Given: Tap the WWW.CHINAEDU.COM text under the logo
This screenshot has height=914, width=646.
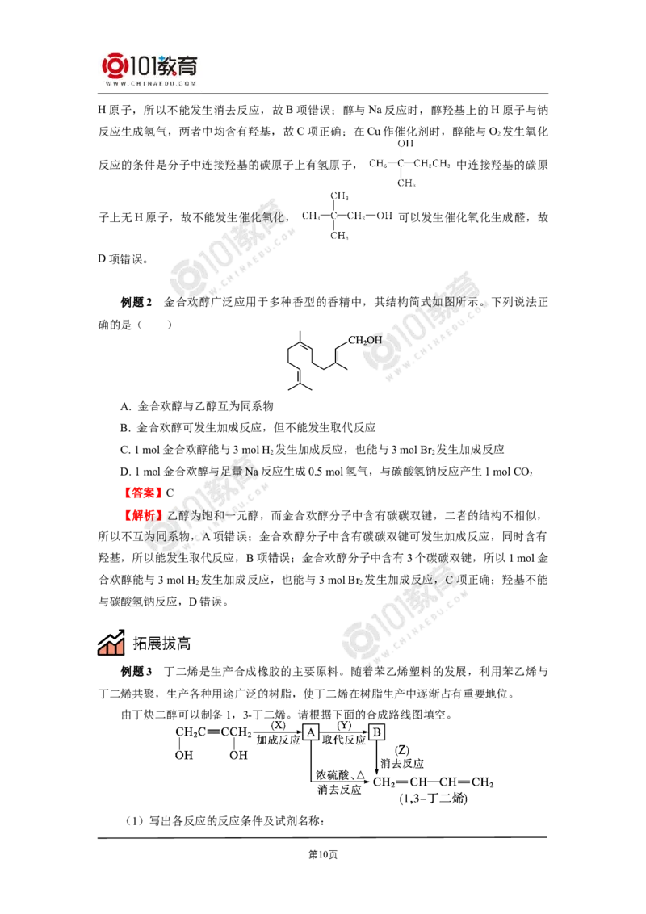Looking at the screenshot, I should pyautogui.click(x=151, y=83).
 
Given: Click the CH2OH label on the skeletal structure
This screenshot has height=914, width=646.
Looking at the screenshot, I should pyautogui.click(x=365, y=341).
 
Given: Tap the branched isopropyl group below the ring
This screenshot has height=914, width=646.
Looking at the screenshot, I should pyautogui.click(x=300, y=388).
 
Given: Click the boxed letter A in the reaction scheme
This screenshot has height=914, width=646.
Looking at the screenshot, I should pyautogui.click(x=312, y=732).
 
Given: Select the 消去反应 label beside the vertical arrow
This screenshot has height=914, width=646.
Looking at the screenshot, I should pyautogui.click(x=401, y=761).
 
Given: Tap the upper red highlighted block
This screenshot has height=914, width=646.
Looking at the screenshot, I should pyautogui.click(x=142, y=492).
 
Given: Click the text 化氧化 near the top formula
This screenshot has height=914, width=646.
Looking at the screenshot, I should pyautogui.click(x=258, y=218).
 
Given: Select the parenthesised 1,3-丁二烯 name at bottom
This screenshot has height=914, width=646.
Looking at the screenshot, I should pyautogui.click(x=433, y=799).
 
